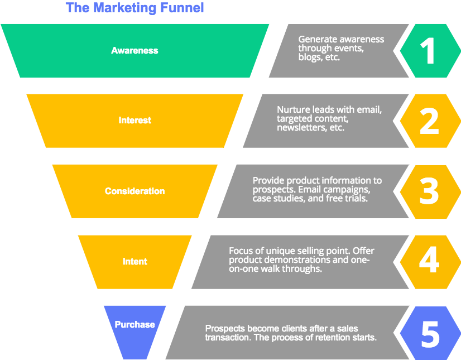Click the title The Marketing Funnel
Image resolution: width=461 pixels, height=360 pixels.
pos(135,8)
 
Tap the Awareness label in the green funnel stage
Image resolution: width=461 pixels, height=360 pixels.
pos(135,50)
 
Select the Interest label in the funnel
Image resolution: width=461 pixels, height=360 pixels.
pos(135,120)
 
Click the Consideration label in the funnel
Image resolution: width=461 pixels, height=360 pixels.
pos(135,191)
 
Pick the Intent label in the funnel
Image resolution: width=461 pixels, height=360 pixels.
pos(135,261)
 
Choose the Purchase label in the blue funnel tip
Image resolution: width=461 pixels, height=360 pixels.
pos(135,324)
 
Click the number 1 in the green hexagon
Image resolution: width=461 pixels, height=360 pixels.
pos(428,51)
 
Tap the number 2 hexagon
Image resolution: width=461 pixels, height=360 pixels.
pos(429,121)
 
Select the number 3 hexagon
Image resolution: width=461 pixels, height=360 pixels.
pos(429,191)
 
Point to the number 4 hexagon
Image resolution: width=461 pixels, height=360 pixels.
pos(429,261)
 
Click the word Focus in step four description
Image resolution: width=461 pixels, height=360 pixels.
pos(241,251)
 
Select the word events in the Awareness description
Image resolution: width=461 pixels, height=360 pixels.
pos(350,48)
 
